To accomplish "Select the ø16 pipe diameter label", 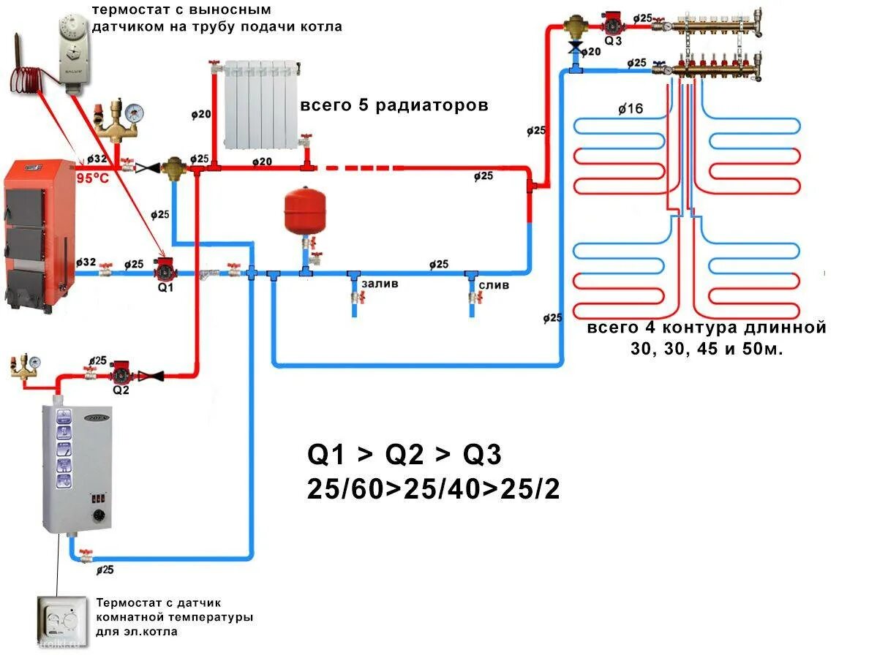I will click(630, 109).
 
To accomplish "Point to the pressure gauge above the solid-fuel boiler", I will click(133, 113).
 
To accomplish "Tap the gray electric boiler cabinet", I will click(77, 468).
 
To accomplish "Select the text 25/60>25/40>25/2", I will click(434, 489).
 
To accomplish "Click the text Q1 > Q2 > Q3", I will click(404, 455).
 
